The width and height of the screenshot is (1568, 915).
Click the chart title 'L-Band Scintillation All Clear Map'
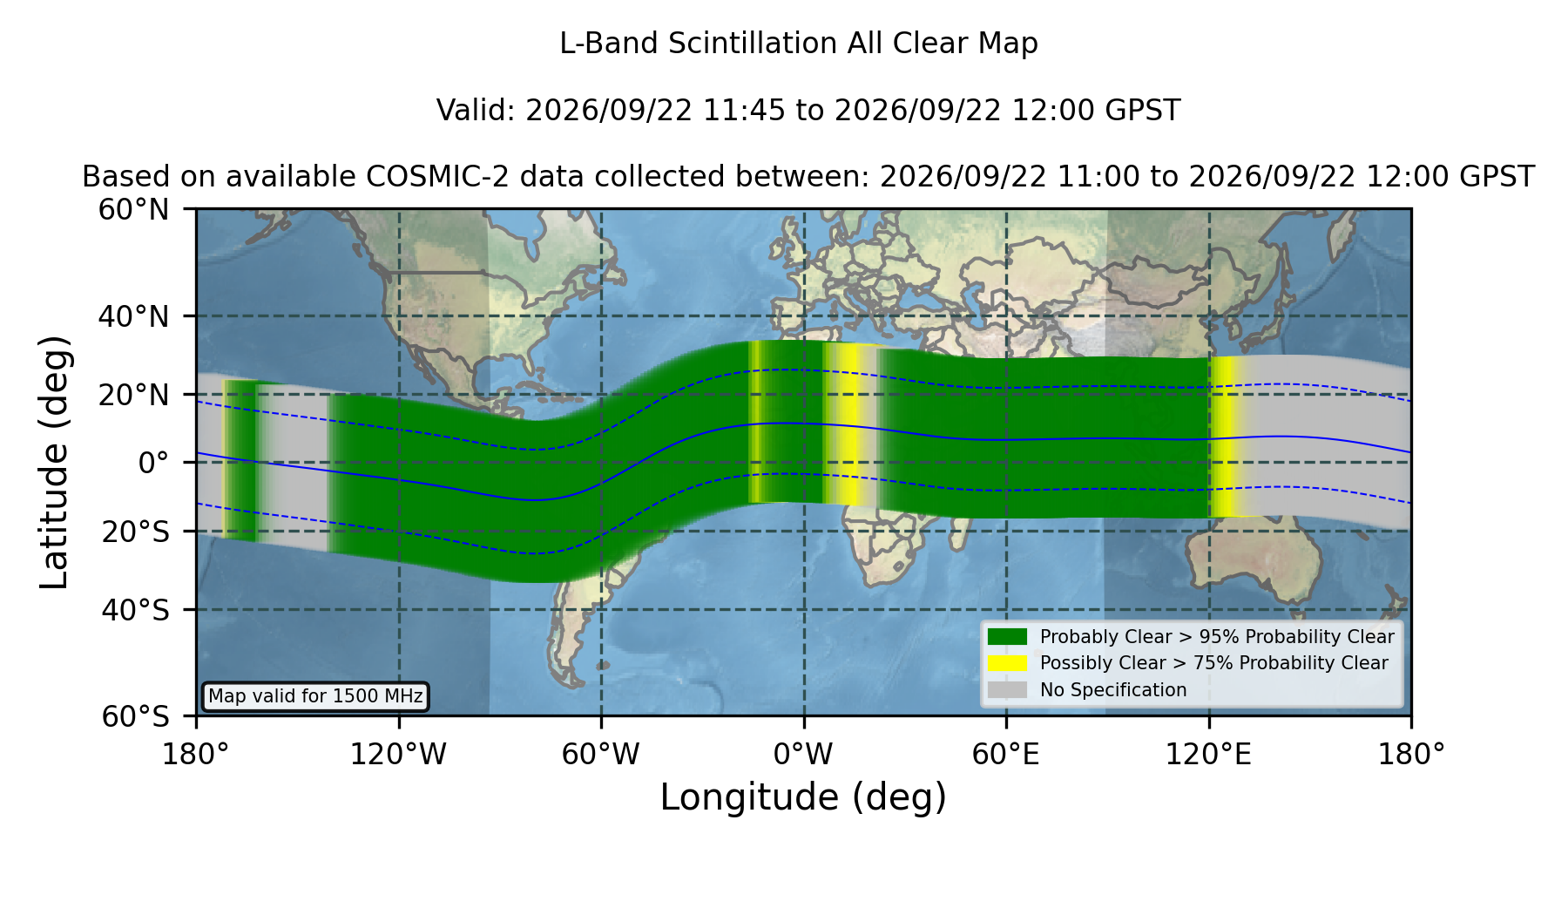pyautogui.click(x=798, y=43)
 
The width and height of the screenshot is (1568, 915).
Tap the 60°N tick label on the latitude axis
pyautogui.click(x=133, y=209)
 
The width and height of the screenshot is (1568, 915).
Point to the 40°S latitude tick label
pyautogui.click(x=135, y=609)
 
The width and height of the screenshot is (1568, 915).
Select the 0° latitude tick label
pyautogui.click(x=153, y=463)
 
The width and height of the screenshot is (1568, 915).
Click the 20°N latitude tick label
pyautogui.click(x=133, y=395)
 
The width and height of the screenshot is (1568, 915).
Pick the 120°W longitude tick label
pyautogui.click(x=398, y=754)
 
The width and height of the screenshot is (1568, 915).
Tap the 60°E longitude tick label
pyautogui.click(x=1006, y=754)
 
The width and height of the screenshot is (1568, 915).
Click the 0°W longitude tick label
pyautogui.click(x=803, y=754)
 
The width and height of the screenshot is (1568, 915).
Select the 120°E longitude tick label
pyautogui.click(x=1208, y=754)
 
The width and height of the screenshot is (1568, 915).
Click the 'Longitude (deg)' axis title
pyautogui.click(x=803, y=797)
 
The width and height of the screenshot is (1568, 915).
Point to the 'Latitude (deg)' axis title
pyautogui.click(x=54, y=462)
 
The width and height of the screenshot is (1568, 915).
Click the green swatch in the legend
pyautogui.click(x=1007, y=636)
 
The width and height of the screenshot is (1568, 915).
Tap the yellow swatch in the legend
pyautogui.click(x=1007, y=663)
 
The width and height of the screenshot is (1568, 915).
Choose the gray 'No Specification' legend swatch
pyautogui.click(x=1007, y=690)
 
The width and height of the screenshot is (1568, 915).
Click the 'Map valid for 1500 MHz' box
pyautogui.click(x=315, y=696)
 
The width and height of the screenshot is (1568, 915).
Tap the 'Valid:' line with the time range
pyautogui.click(x=808, y=111)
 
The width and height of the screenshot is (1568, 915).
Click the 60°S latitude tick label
pyautogui.click(x=135, y=716)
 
